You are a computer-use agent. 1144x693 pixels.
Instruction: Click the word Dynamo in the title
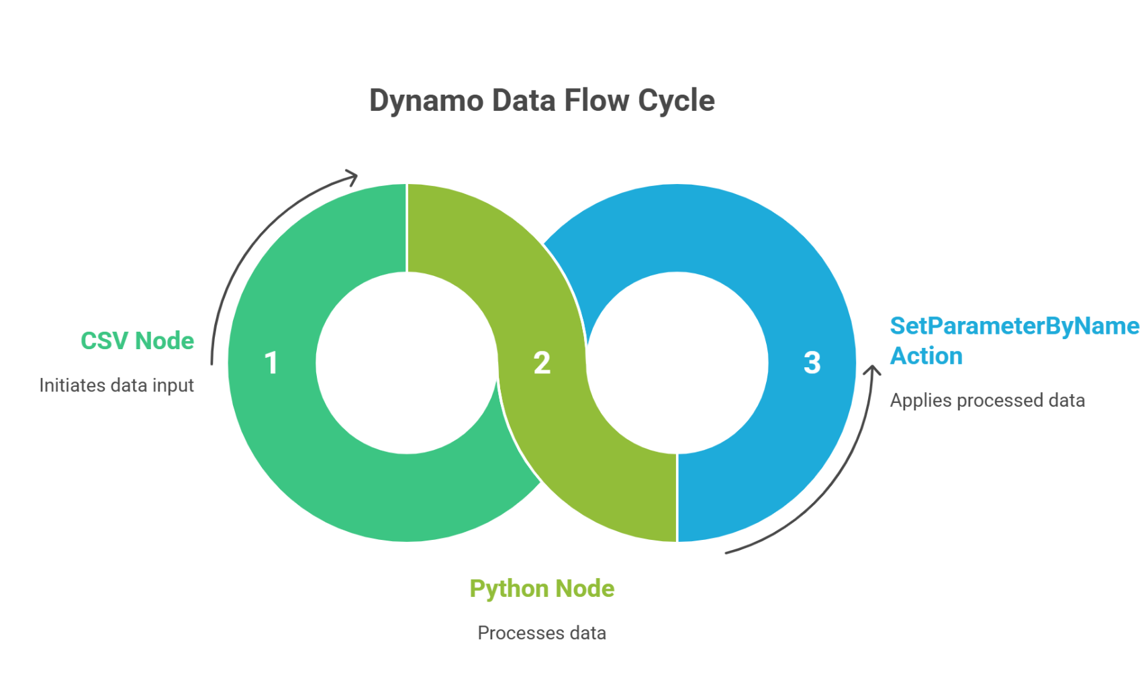[426, 101]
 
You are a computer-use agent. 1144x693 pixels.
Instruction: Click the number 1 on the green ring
[271, 363]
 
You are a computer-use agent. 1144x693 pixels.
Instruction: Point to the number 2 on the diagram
[542, 363]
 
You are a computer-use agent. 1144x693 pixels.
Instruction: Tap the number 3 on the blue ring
[812, 363]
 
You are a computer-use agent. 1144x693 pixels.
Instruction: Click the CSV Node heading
[138, 340]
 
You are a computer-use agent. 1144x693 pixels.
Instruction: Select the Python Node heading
[542, 589]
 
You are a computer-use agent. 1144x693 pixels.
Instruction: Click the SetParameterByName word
[1014, 326]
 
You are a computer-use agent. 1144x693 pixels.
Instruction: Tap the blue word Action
[926, 356]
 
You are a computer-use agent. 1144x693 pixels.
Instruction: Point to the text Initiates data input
[116, 385]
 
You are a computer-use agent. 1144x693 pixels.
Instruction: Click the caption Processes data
[542, 633]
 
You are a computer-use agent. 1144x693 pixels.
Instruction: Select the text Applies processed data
[987, 401]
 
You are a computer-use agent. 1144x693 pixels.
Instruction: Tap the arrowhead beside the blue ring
[872, 370]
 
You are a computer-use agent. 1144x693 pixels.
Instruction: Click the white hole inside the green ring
[407, 363]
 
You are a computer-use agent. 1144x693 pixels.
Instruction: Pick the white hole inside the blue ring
[677, 363]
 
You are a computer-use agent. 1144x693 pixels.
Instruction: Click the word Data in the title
[524, 100]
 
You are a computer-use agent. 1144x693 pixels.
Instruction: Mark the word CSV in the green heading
[104, 340]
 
